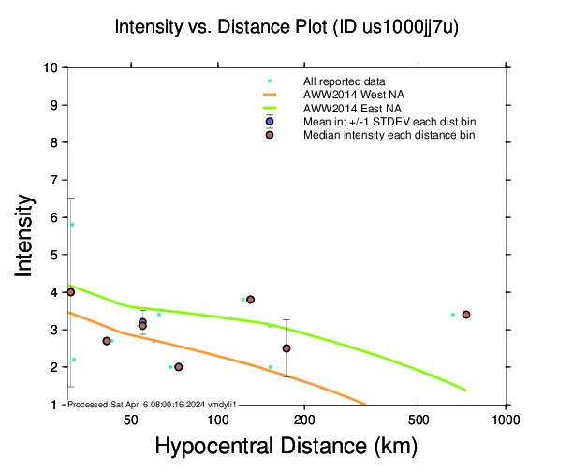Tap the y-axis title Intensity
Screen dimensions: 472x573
pyautogui.click(x=26, y=235)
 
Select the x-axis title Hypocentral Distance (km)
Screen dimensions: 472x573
pyautogui.click(x=286, y=447)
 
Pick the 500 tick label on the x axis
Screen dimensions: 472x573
pyautogui.click(x=419, y=418)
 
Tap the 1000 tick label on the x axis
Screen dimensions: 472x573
pyautogui.click(x=506, y=418)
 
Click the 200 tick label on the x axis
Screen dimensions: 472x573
pyautogui.click(x=304, y=418)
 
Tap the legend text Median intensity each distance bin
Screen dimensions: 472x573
pyautogui.click(x=389, y=135)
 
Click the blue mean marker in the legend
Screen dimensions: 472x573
pyautogui.click(x=270, y=122)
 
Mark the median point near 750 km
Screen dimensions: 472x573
pyautogui.click(x=466, y=315)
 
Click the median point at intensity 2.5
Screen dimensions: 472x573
pyautogui.click(x=286, y=348)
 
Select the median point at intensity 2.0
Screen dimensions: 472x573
pyautogui.click(x=179, y=367)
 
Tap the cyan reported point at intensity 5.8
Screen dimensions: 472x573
pyautogui.click(x=72, y=225)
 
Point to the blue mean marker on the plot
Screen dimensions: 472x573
pyautogui.click(x=142, y=322)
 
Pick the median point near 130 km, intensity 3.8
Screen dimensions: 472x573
pyautogui.click(x=250, y=300)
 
